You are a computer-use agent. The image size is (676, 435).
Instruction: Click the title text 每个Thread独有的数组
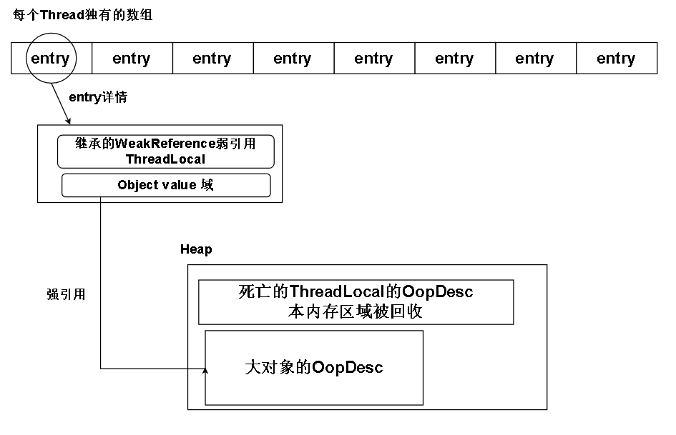tap(82, 15)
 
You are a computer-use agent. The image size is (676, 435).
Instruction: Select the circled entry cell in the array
tap(50, 59)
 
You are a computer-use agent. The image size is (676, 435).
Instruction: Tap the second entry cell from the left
tap(132, 59)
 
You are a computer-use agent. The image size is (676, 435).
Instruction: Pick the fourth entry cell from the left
tap(293, 59)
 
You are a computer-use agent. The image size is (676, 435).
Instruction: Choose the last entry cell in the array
tap(616, 59)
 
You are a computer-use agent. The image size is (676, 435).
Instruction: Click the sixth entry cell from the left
tap(454, 59)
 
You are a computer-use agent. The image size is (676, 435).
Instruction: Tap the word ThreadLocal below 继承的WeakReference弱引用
tap(165, 159)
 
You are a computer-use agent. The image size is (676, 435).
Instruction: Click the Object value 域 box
tap(166, 185)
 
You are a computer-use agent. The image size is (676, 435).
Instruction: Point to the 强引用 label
tap(66, 294)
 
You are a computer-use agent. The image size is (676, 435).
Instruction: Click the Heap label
tap(196, 249)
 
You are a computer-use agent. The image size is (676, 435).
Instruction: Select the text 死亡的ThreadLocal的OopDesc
tap(356, 292)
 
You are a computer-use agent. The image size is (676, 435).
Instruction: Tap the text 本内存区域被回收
tap(356, 312)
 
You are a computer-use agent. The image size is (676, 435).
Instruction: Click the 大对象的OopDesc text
tap(313, 368)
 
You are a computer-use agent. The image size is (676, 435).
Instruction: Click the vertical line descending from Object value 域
tap(100, 286)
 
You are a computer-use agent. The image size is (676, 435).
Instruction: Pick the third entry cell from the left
tap(212, 59)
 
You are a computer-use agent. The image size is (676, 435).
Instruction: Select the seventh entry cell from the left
tap(534, 59)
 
